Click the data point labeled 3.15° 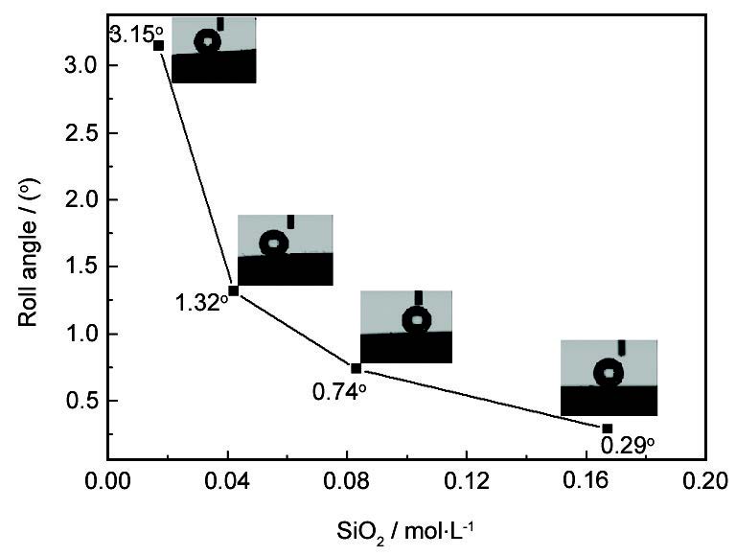click(159, 45)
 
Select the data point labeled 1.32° click(234, 290)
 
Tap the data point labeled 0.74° click(356, 368)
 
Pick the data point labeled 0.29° click(607, 429)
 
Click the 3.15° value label click(131, 35)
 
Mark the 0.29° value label click(628, 445)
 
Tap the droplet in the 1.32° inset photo click(275, 243)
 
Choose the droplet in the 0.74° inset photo click(417, 320)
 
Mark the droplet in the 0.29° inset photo click(609, 372)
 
